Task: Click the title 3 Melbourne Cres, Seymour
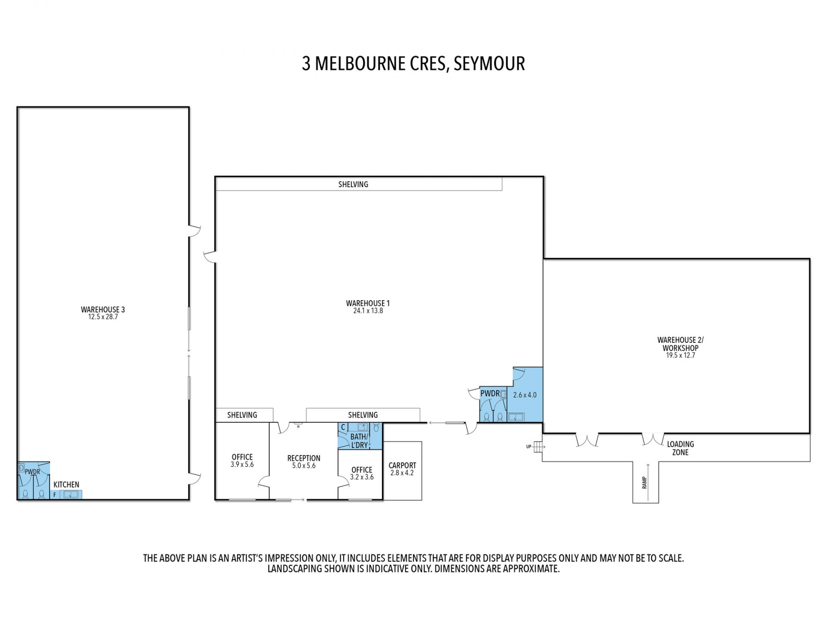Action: [413, 64]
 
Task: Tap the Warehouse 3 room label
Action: [103, 309]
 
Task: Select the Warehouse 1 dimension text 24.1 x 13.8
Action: [368, 310]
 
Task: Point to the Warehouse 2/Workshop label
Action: [681, 344]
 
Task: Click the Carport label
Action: [402, 465]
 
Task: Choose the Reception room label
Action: [304, 458]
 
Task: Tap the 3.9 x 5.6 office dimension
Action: [242, 464]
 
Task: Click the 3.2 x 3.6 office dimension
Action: [362, 477]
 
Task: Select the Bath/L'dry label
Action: [359, 441]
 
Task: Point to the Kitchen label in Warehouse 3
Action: [66, 484]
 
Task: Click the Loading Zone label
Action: [681, 448]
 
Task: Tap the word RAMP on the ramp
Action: [644, 482]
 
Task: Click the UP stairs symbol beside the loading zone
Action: [537, 447]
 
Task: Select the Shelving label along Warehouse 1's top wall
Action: [353, 184]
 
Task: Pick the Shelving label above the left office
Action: [242, 415]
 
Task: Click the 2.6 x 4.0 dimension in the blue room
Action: [525, 395]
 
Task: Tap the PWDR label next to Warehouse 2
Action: [490, 393]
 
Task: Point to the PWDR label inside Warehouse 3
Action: [32, 472]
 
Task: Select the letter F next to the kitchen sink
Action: [55, 495]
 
